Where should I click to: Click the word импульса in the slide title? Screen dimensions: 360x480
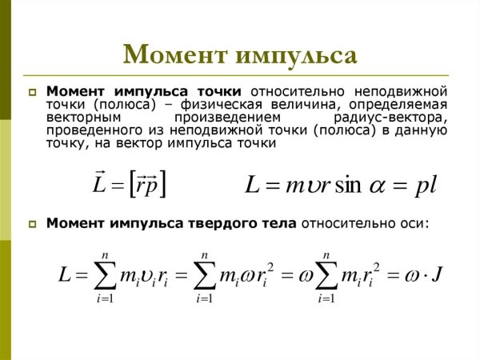296,54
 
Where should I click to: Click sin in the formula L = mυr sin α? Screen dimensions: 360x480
346,186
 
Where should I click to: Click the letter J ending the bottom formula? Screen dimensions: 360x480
438,275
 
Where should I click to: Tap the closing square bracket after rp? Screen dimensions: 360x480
162,184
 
